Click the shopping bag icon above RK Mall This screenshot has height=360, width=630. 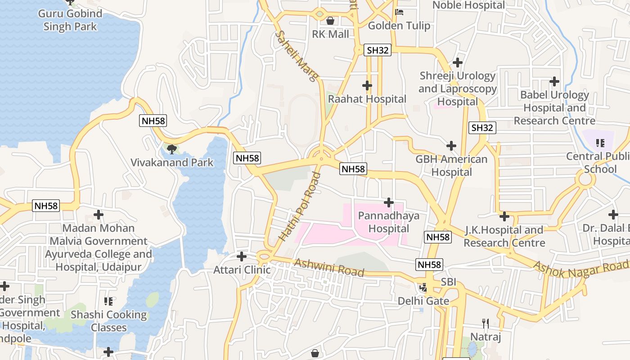(x=330, y=21)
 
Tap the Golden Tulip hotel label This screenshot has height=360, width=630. (x=399, y=26)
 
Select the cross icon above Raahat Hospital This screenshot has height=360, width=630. (x=367, y=85)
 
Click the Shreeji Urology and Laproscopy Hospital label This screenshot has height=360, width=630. (x=458, y=89)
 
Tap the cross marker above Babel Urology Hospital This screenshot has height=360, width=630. (x=554, y=81)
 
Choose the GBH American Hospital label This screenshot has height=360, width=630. (x=451, y=166)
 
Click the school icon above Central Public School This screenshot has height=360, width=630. (x=600, y=143)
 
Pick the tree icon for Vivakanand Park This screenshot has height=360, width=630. (x=171, y=149)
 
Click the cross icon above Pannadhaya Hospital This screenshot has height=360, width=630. (x=389, y=202)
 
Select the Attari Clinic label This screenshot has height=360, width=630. (x=242, y=270)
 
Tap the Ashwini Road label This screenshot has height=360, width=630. (x=328, y=267)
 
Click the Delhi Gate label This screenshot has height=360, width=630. (x=423, y=301)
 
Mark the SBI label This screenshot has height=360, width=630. (x=448, y=282)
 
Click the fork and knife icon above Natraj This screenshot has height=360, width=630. (x=486, y=324)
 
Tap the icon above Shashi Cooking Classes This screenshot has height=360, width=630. (x=108, y=301)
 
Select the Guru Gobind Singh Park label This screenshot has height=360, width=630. (x=70, y=20)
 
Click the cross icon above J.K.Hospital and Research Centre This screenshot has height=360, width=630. (x=504, y=217)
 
